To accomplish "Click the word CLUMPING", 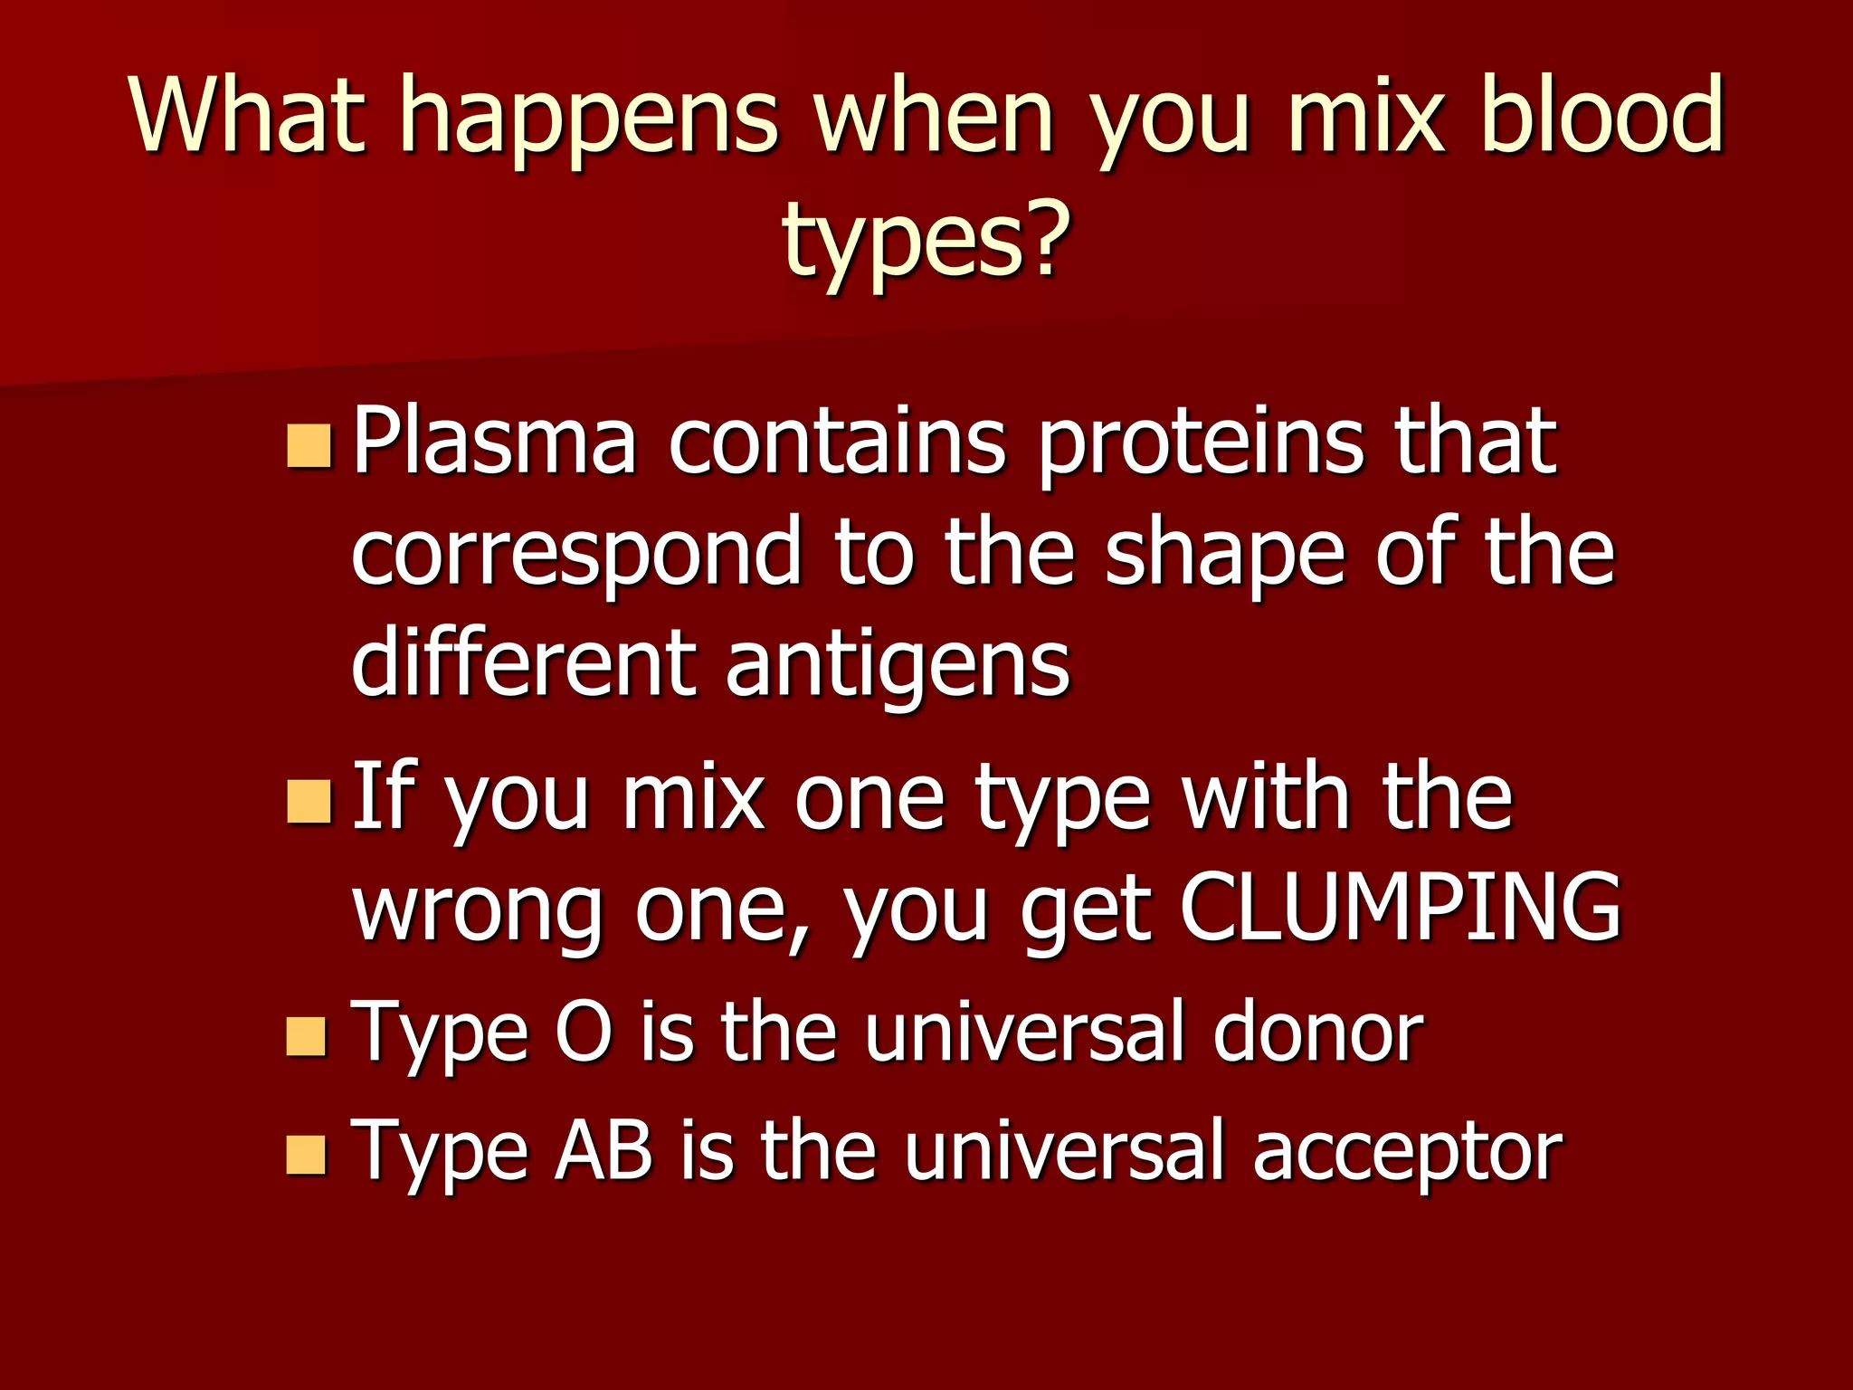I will coord(1400,906).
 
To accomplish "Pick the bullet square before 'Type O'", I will coord(306,1036).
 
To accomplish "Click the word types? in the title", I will coord(926,240).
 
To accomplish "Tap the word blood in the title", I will coord(1601,115).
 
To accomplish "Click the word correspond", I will coord(575,555).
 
